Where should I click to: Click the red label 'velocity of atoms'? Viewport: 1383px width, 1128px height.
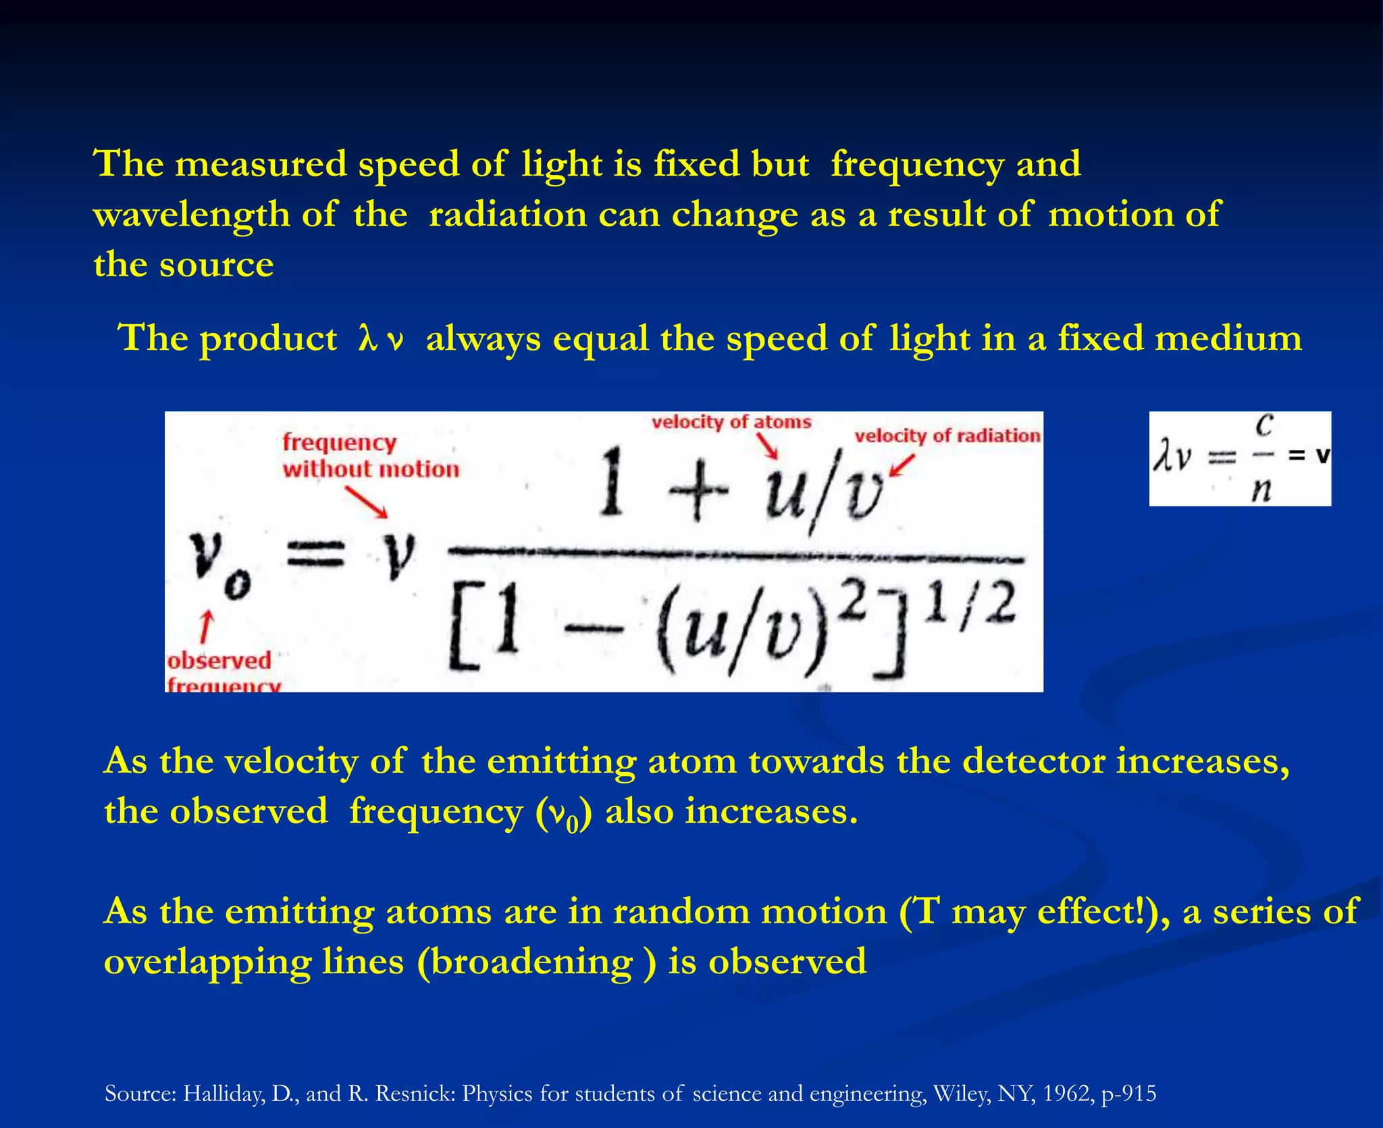click(x=731, y=422)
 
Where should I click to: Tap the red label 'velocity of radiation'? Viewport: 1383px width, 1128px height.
click(x=947, y=436)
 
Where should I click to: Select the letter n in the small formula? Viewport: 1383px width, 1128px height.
click(x=1260, y=488)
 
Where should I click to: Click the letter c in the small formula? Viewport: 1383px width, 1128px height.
click(x=1263, y=426)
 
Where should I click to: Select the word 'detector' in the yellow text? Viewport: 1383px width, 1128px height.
click(x=1033, y=761)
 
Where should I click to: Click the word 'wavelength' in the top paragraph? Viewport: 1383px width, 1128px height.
click(x=192, y=215)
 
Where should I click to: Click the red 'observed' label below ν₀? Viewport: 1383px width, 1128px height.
click(x=219, y=660)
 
